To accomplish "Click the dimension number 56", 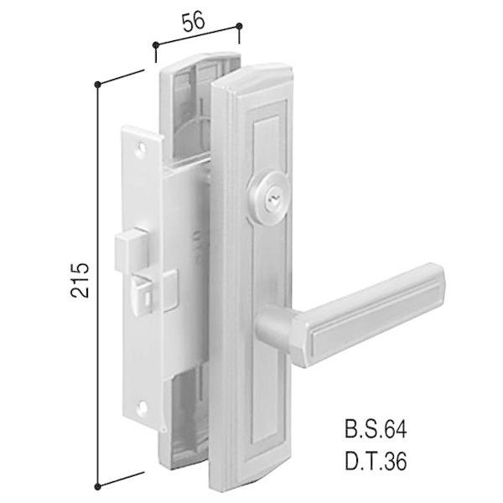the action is (193, 23).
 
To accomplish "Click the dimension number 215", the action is (80, 281).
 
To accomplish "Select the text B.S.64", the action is (376, 429).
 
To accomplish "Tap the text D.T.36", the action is (376, 461).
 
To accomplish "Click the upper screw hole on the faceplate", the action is (141, 148).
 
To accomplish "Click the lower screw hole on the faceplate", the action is (143, 407).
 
